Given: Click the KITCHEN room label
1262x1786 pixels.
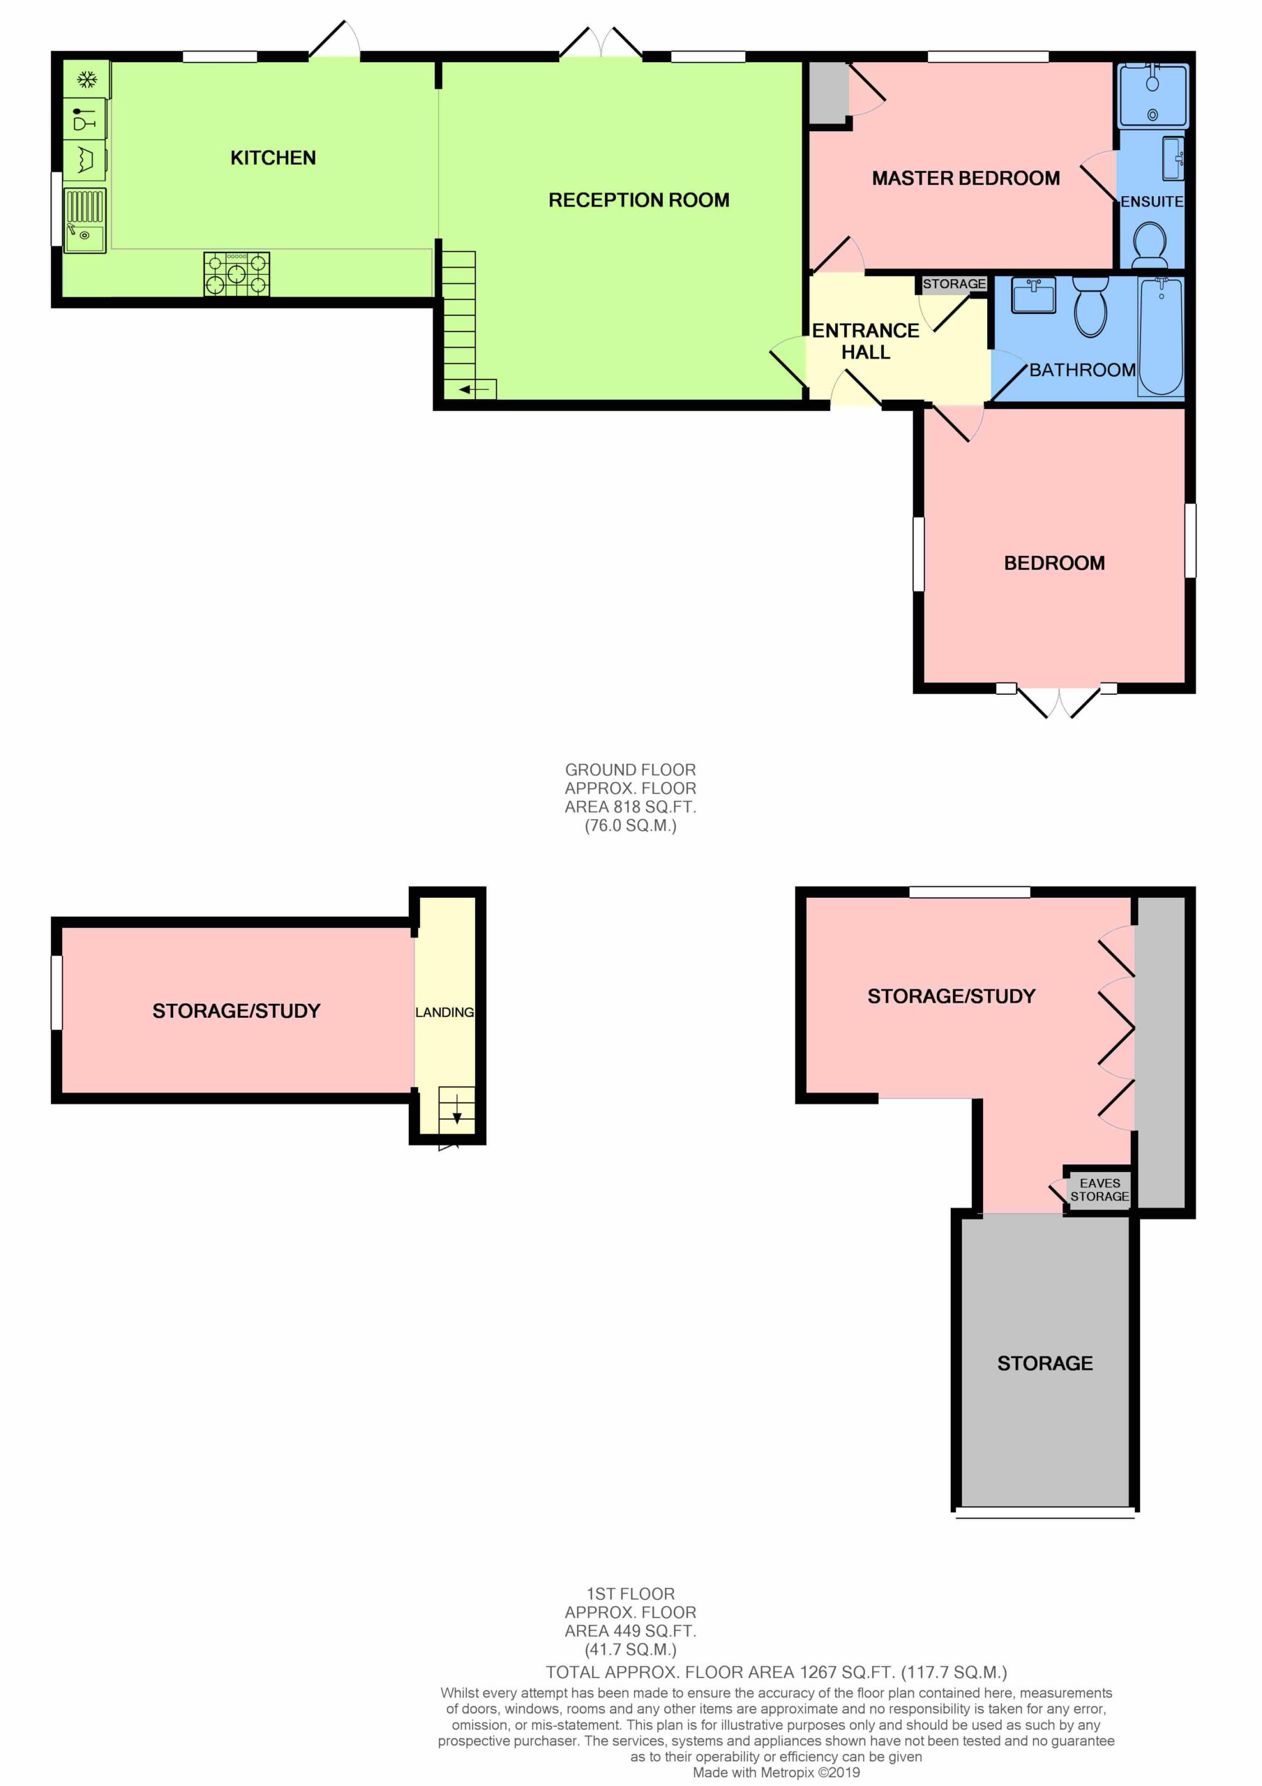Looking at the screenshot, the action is click(273, 158).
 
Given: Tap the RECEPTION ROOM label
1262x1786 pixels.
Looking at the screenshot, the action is click(639, 200).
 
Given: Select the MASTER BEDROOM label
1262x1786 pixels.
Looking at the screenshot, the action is click(966, 178).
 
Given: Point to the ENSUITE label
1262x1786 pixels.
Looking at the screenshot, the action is click(1152, 202).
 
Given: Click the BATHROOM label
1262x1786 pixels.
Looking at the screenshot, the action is click(1082, 370).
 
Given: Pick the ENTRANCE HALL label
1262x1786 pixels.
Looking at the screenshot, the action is click(866, 341).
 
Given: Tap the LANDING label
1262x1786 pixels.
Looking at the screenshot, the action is click(444, 1012).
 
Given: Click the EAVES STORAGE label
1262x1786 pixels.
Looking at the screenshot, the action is click(1099, 1190).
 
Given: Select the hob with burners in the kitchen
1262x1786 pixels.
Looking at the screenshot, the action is click(237, 273).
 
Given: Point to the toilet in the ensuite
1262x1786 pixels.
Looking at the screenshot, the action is click(1150, 243).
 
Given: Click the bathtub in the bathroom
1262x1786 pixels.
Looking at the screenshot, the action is click(1161, 337).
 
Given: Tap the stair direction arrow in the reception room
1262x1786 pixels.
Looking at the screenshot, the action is click(474, 389).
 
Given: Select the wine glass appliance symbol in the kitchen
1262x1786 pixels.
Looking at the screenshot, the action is click(84, 118).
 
